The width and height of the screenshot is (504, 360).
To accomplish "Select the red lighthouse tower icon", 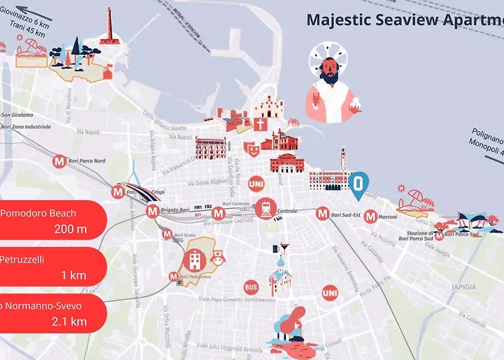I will pos(109,27).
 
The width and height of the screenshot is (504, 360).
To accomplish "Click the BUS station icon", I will pos(251,286).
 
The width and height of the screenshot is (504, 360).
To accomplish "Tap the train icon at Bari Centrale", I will pos(265,209).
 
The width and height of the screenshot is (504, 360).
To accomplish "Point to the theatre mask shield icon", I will pos(251,148).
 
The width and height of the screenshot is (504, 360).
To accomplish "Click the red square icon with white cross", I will pos(260,125).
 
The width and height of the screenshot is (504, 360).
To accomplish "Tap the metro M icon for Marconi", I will pos(371,215).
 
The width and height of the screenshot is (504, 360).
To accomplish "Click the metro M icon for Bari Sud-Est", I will pos(322,214).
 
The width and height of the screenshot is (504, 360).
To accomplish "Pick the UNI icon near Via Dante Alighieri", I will pos(255,184).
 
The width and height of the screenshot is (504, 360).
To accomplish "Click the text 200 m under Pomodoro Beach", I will pos(70,230).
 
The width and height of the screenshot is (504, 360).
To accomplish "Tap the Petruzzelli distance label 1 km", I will pos(73,276).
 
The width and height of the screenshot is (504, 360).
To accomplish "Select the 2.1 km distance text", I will pos(69,321).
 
